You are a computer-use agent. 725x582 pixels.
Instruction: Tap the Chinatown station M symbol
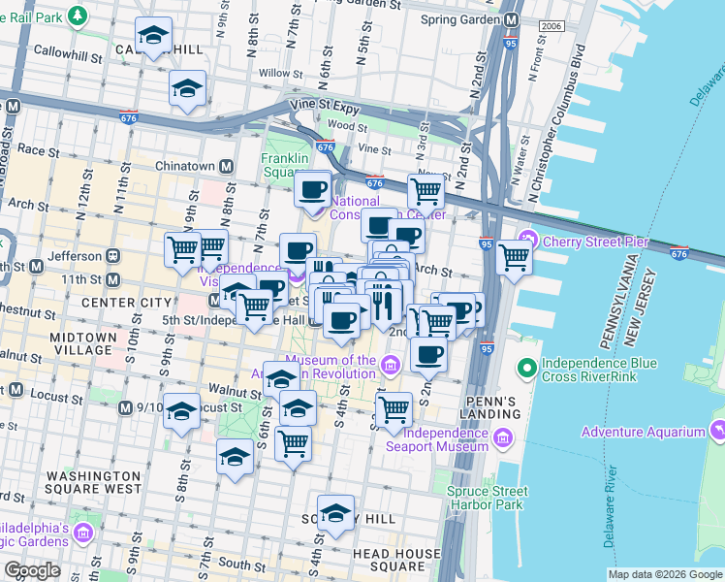pos(226,166)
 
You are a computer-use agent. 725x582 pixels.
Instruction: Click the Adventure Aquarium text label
pos(644,432)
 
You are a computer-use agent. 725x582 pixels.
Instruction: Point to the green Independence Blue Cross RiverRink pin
pos(527,368)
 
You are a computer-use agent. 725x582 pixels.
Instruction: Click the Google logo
pos(32,570)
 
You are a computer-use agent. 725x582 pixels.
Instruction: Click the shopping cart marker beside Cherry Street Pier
pos(514,257)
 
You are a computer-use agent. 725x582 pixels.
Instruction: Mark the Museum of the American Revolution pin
pos(390,366)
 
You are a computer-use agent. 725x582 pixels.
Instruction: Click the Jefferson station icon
pos(112,256)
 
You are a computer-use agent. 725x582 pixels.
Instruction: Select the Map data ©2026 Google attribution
pos(665,574)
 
